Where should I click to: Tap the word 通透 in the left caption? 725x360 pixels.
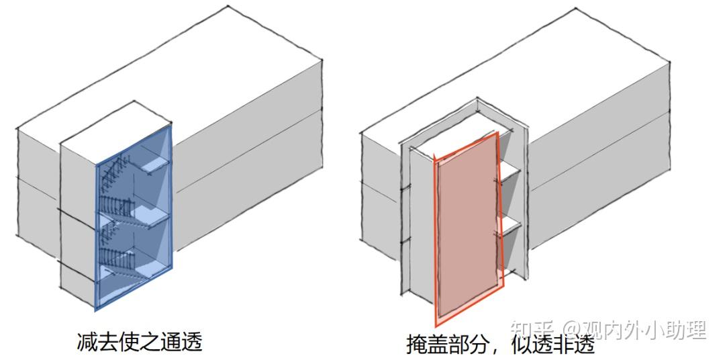[x=183, y=342]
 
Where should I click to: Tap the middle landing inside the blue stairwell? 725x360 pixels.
[x=150, y=216]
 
